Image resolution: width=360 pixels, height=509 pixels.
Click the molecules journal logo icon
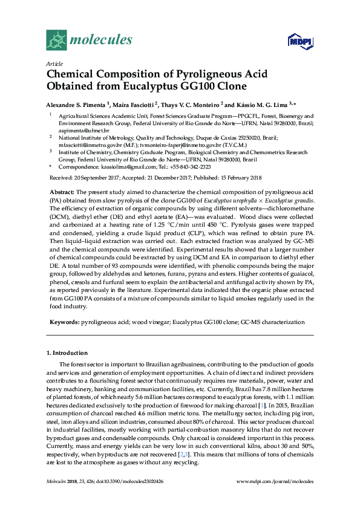point(56,41)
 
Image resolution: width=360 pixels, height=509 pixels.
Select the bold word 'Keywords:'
point(64,323)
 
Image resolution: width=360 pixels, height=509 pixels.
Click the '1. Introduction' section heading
point(67,352)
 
